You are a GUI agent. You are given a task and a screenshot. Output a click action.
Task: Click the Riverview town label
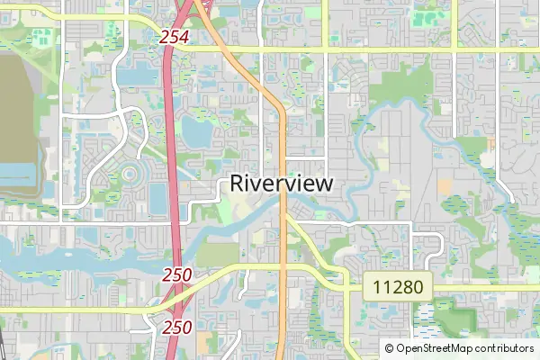[282, 183]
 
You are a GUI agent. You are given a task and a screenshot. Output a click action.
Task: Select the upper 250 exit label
[177, 274]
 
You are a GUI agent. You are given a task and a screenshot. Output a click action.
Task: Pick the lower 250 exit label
[177, 328]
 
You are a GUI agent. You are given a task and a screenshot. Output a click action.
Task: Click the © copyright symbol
[390, 348]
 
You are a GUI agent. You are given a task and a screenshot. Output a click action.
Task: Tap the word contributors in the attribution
[501, 348]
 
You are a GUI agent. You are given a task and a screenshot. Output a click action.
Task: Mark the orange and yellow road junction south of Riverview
[285, 217]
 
